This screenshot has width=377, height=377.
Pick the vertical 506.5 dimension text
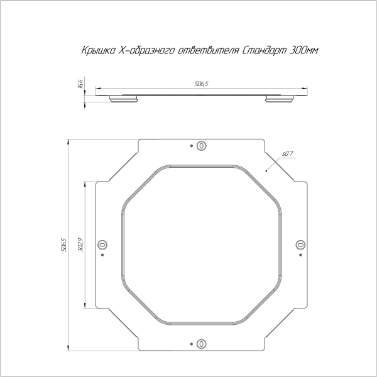(63, 245)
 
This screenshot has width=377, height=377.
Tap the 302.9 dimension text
(80, 244)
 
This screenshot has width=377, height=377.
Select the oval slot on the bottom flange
(201, 343)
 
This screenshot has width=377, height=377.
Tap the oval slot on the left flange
(102, 244)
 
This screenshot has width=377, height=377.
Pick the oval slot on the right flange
(299, 244)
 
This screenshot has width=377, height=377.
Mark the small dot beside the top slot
(191, 145)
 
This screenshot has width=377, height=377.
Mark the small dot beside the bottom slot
(191, 343)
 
